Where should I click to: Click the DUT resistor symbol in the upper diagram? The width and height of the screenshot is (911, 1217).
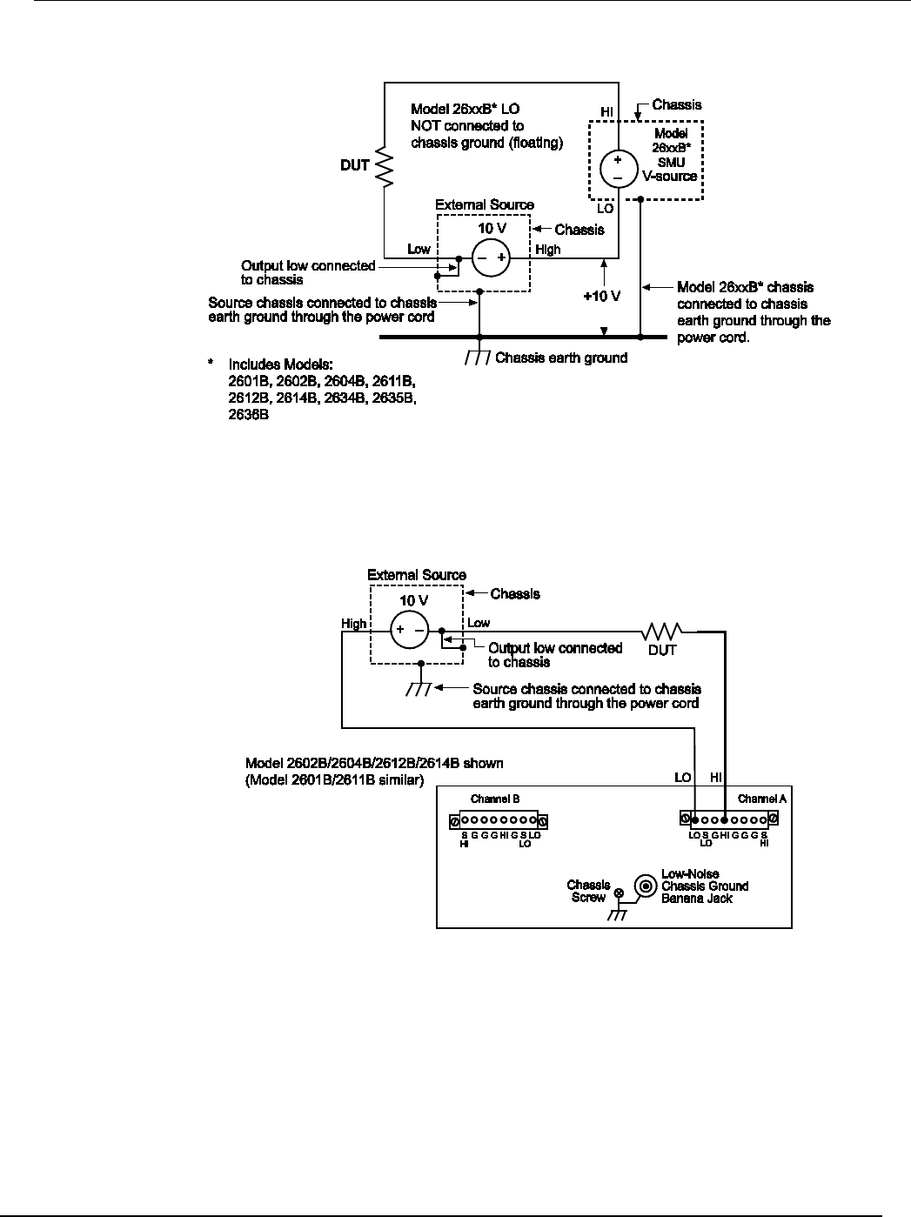[x=383, y=165]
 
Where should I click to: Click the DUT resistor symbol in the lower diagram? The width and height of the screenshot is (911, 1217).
[x=663, y=629]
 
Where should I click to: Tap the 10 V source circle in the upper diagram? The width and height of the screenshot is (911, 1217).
[x=490, y=258]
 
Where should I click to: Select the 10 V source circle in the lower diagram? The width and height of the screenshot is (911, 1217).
[x=408, y=630]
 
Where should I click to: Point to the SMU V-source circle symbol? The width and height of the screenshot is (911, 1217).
[x=616, y=167]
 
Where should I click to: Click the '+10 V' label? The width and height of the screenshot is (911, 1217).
[x=601, y=296]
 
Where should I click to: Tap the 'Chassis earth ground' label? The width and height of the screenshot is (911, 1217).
[x=560, y=358]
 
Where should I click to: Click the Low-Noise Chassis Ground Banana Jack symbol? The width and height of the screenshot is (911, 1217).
[x=645, y=886]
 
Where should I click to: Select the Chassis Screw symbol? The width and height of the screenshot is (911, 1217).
[x=620, y=893]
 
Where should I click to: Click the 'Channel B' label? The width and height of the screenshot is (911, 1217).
[x=495, y=799]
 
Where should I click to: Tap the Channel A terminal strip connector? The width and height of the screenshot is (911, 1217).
[x=728, y=819]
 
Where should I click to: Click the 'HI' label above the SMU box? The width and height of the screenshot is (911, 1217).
[x=606, y=113]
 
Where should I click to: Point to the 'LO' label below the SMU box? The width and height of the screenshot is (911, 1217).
[x=606, y=210]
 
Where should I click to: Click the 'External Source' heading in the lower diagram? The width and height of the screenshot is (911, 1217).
[x=416, y=575]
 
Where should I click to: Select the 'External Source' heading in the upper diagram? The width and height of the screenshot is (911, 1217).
[x=485, y=205]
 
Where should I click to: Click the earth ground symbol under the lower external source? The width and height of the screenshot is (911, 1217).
[x=420, y=688]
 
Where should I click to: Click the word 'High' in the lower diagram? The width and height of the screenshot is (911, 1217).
[x=354, y=624]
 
